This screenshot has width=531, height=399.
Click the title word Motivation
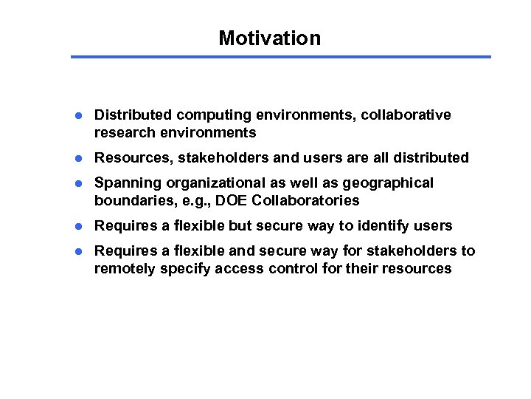click(269, 38)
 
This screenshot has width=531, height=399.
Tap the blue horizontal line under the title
click(280, 57)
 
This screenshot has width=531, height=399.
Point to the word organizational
click(215, 183)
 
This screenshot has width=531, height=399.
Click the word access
click(238, 269)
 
